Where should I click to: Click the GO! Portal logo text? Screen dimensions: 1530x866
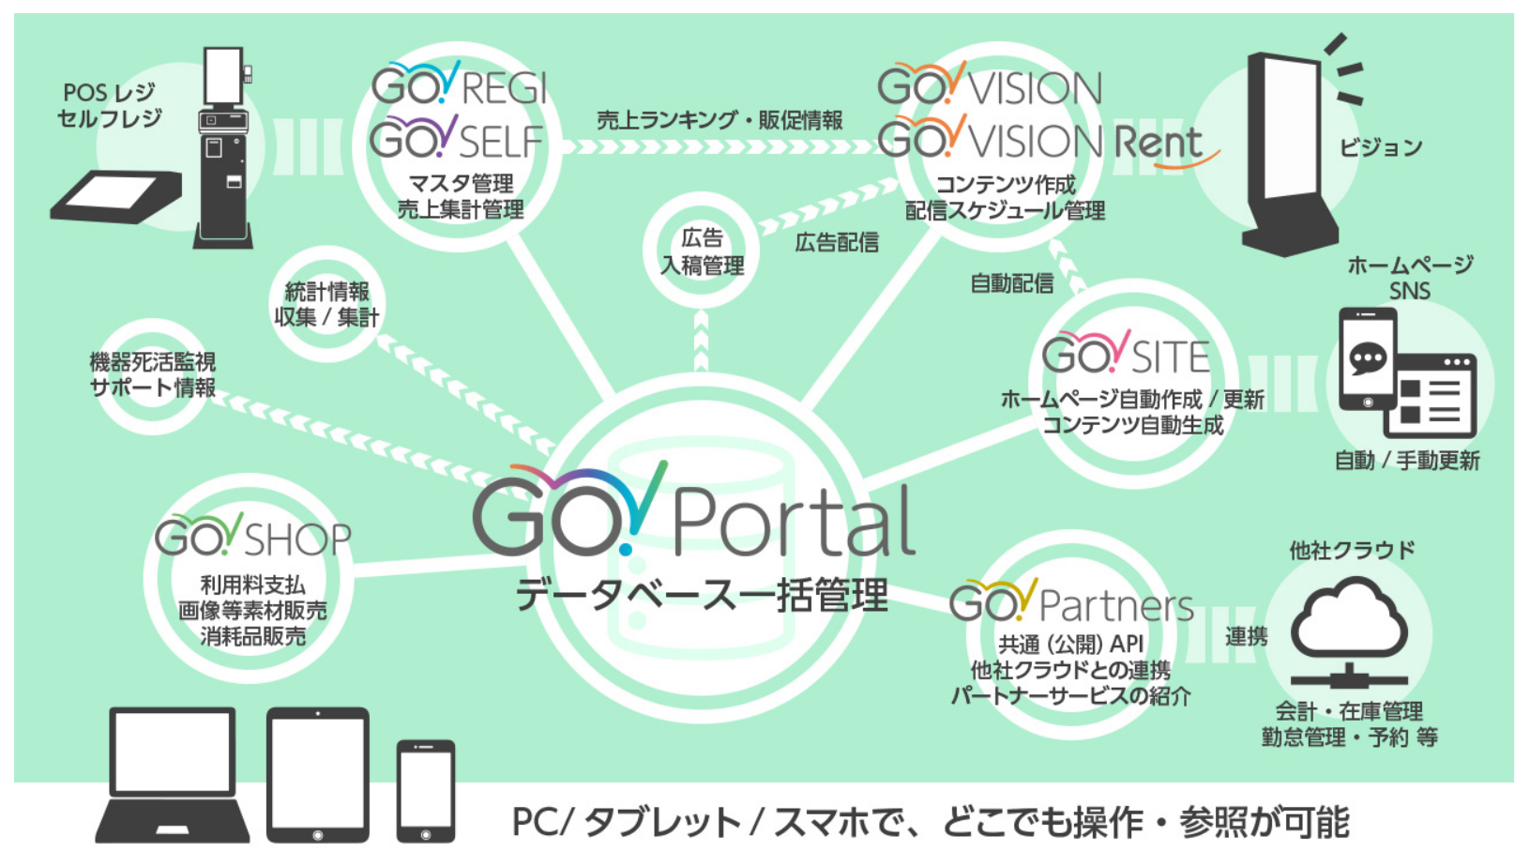[694, 515]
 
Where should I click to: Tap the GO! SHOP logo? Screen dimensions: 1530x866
[252, 537]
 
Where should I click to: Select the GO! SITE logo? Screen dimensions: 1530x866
[1126, 355]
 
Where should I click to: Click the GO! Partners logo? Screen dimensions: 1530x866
[1070, 603]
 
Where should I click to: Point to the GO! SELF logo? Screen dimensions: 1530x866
[457, 140]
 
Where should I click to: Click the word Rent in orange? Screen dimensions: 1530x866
[1159, 144]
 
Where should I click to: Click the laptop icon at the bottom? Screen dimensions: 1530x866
[172, 774]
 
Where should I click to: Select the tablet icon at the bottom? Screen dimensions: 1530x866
[318, 774]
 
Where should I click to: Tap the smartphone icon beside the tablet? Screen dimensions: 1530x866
[426, 790]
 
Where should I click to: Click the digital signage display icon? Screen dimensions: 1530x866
[1290, 155]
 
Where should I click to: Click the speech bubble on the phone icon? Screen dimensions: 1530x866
[1367, 357]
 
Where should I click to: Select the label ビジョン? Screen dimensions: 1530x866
[1381, 147]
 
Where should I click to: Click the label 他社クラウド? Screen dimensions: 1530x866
[1352, 550]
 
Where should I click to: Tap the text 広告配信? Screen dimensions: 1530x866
[837, 243]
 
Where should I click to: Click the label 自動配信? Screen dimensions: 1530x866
[1011, 283]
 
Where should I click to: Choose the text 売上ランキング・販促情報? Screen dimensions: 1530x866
[720, 120]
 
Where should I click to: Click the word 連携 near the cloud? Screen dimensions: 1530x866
[1246, 637]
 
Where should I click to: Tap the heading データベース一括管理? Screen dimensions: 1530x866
[702, 596]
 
